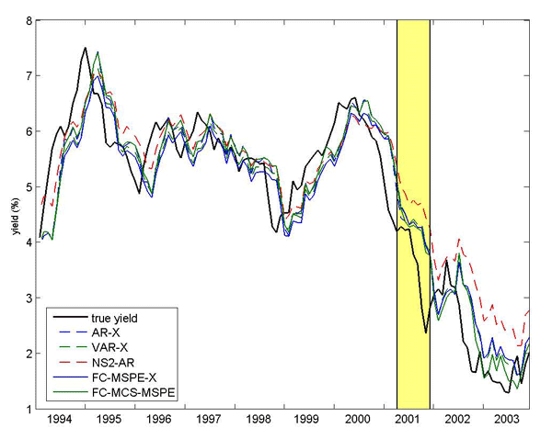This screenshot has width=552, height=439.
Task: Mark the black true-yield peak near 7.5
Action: (x=86, y=48)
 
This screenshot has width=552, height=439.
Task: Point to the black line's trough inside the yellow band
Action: (x=425, y=332)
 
